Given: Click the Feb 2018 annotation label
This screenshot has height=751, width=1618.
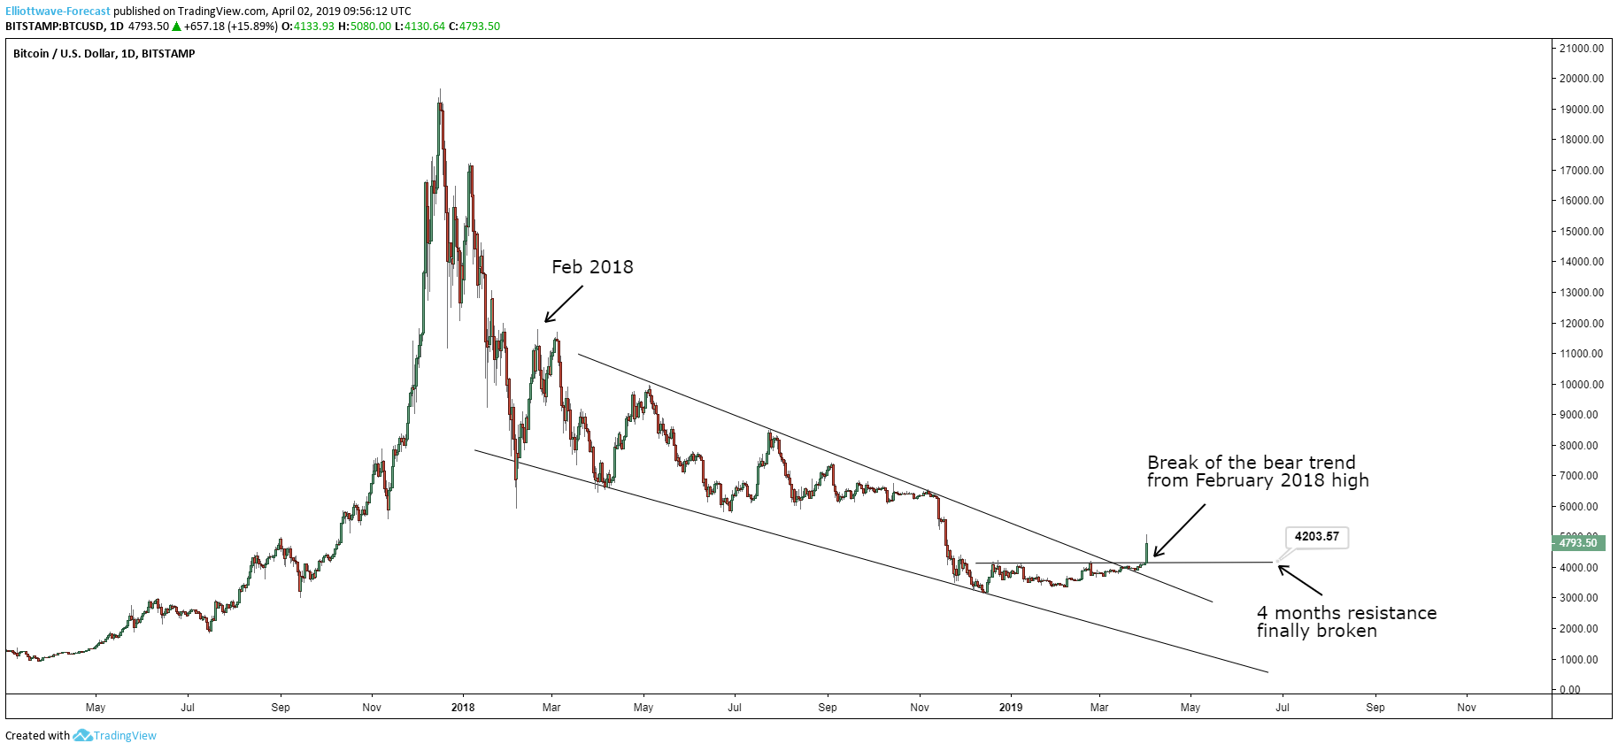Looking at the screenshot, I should click(x=592, y=267).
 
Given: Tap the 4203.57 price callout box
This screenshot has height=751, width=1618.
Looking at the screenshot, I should click(x=1316, y=536).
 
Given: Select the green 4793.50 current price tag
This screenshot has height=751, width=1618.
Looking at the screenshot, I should click(x=1578, y=542).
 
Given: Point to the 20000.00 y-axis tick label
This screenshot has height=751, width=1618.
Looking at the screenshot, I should click(x=1583, y=79).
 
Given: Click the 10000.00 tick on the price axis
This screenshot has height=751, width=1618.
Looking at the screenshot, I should click(x=1583, y=384).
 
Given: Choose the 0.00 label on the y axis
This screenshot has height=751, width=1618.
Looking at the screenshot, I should click(x=1570, y=689).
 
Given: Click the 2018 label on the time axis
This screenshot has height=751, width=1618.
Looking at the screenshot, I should click(x=463, y=707).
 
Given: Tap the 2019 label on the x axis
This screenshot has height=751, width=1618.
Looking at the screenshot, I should click(x=1010, y=707).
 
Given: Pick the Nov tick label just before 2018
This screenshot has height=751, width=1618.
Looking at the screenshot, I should click(x=372, y=707).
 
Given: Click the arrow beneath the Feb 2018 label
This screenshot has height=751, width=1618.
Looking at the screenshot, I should click(x=564, y=304).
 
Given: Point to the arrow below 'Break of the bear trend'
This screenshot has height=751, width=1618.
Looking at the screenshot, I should click(x=1179, y=531).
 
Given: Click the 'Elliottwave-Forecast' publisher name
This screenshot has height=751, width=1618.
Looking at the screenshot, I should click(x=58, y=11).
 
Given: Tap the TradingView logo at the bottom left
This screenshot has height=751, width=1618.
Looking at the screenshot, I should click(x=115, y=735).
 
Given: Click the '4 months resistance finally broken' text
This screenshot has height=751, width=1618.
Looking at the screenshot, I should click(x=1345, y=622).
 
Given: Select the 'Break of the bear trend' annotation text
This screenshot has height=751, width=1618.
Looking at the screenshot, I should click(x=1257, y=471).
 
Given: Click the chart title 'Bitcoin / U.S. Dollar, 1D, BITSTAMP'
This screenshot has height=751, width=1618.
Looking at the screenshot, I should click(x=104, y=54).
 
